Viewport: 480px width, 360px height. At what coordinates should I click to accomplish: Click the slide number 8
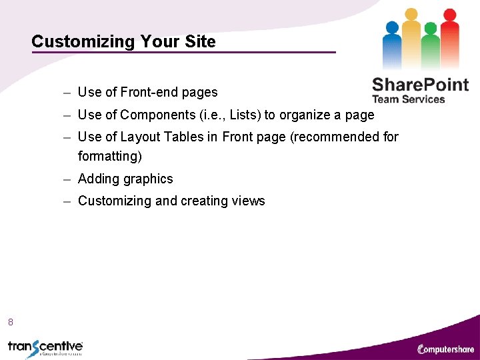click(11, 323)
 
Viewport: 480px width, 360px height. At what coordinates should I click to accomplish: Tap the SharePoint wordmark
click(420, 85)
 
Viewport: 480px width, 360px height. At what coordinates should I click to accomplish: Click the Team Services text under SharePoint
click(408, 99)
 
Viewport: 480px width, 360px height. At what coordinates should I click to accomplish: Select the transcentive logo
click(45, 347)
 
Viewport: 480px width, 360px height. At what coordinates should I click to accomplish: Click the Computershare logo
click(446, 349)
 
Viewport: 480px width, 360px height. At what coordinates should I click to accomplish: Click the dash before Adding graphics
click(68, 179)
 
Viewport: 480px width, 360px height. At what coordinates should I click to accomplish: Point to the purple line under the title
click(183, 53)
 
